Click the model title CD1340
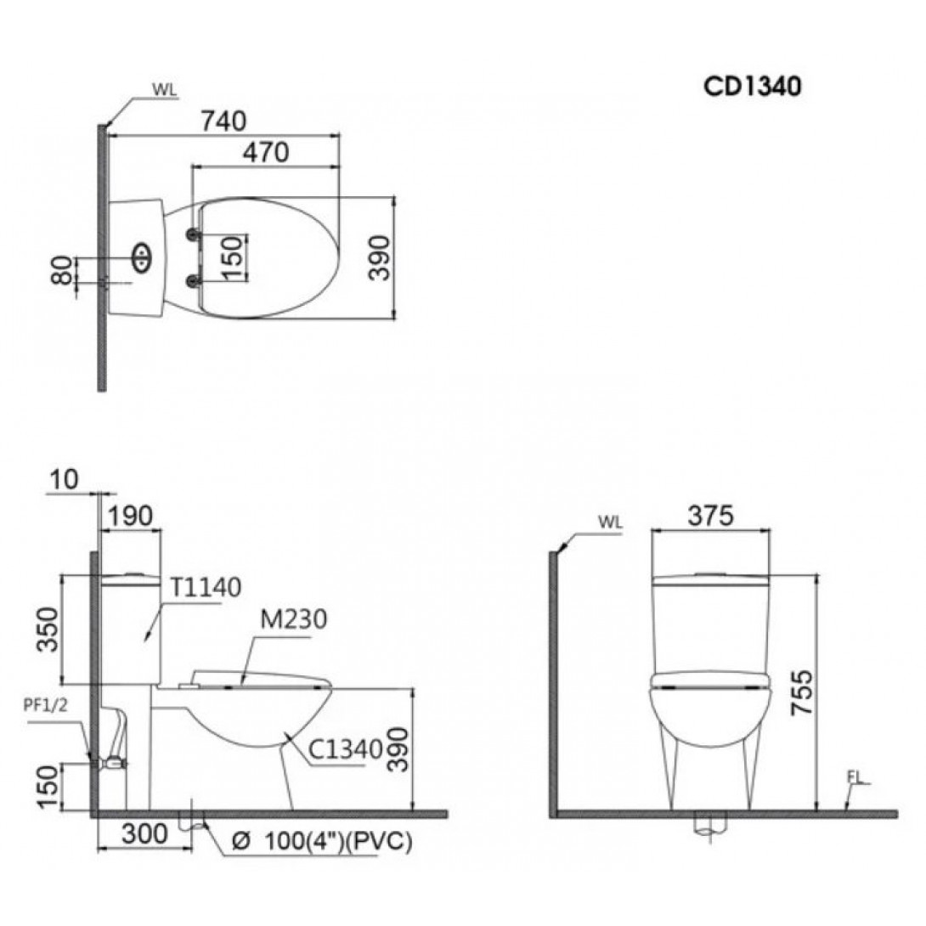(751, 87)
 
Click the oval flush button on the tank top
(141, 255)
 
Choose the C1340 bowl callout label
(339, 749)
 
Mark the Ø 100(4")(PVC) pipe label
(322, 842)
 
